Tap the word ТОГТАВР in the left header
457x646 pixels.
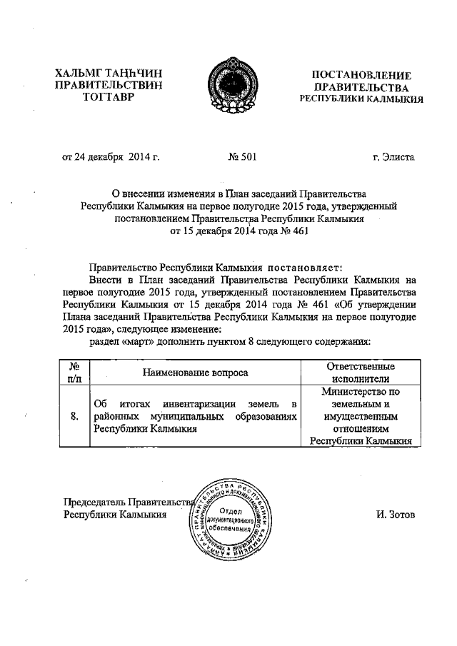tap(108, 99)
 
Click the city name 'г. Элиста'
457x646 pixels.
tap(393, 156)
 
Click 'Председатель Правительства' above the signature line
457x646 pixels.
tap(129, 501)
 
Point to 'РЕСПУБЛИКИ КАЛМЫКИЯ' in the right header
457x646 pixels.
tap(361, 99)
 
